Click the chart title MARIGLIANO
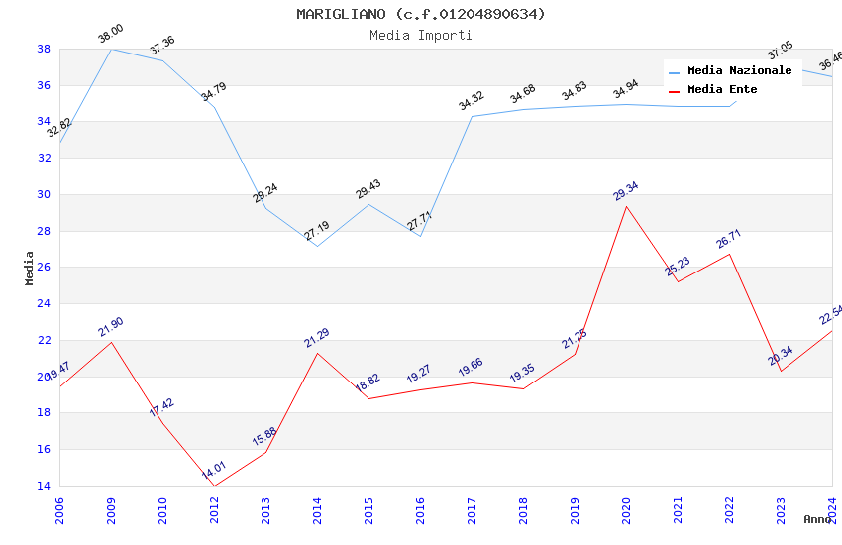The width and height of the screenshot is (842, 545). click(x=420, y=14)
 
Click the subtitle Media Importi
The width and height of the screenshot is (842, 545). click(x=420, y=35)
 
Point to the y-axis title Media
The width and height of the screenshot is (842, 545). click(x=30, y=268)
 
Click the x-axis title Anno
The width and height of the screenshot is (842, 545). click(x=817, y=519)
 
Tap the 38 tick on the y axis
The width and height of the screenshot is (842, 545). click(x=44, y=49)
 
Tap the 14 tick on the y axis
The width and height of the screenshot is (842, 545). click(x=44, y=486)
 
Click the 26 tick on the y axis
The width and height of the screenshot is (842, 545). click(x=44, y=268)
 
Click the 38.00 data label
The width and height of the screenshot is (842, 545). click(x=110, y=36)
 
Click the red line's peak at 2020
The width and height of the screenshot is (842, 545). click(x=626, y=206)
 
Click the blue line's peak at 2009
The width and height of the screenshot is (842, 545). click(x=111, y=49)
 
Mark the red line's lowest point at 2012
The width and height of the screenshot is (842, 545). click(x=214, y=486)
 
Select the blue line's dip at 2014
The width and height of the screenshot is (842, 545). click(x=317, y=246)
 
